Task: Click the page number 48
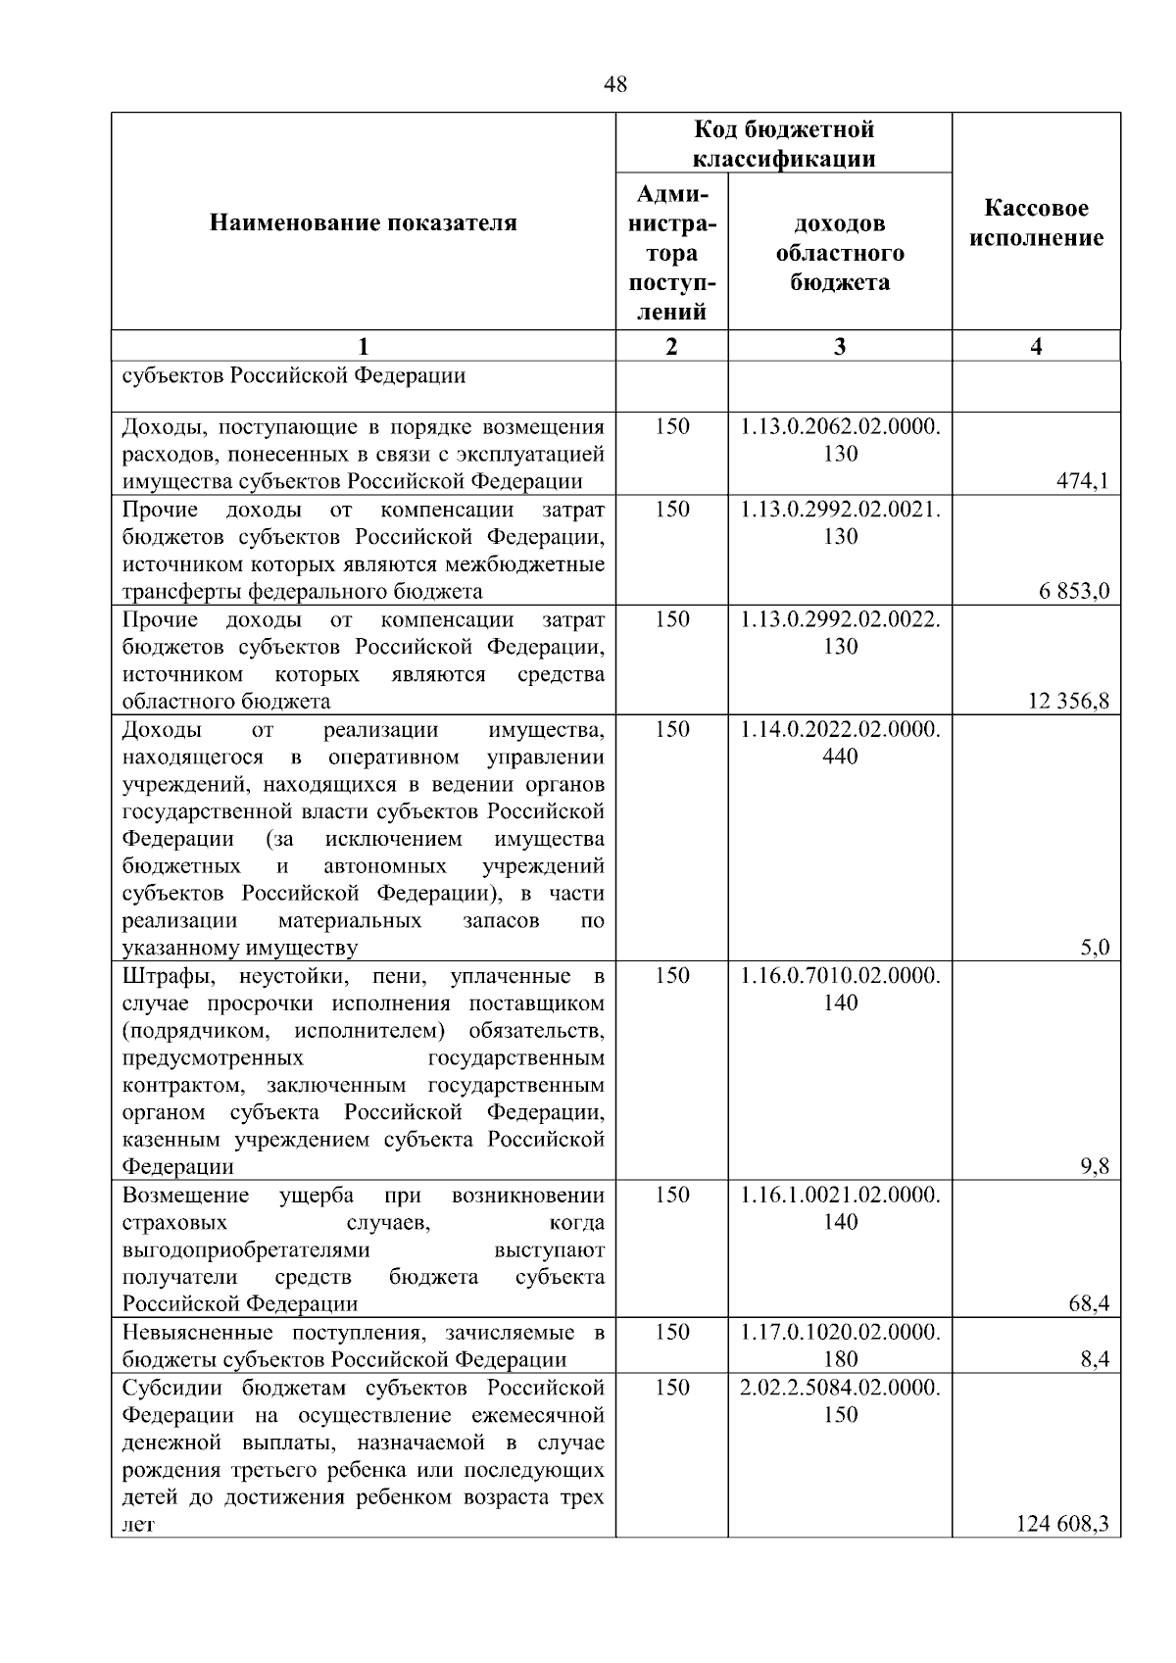coord(615,85)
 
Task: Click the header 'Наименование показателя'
coord(363,223)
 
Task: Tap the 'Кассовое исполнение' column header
coord(1036,223)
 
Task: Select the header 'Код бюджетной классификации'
coord(784,144)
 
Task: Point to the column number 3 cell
coord(840,346)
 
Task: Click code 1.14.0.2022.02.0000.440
coord(840,743)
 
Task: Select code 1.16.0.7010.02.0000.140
coord(840,990)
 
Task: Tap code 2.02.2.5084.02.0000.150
coord(840,1401)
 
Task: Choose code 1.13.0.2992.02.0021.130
coord(840,523)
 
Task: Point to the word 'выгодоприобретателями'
coord(246,1250)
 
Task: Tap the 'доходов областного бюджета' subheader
coord(840,253)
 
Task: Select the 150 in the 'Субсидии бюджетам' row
coord(671,1388)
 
